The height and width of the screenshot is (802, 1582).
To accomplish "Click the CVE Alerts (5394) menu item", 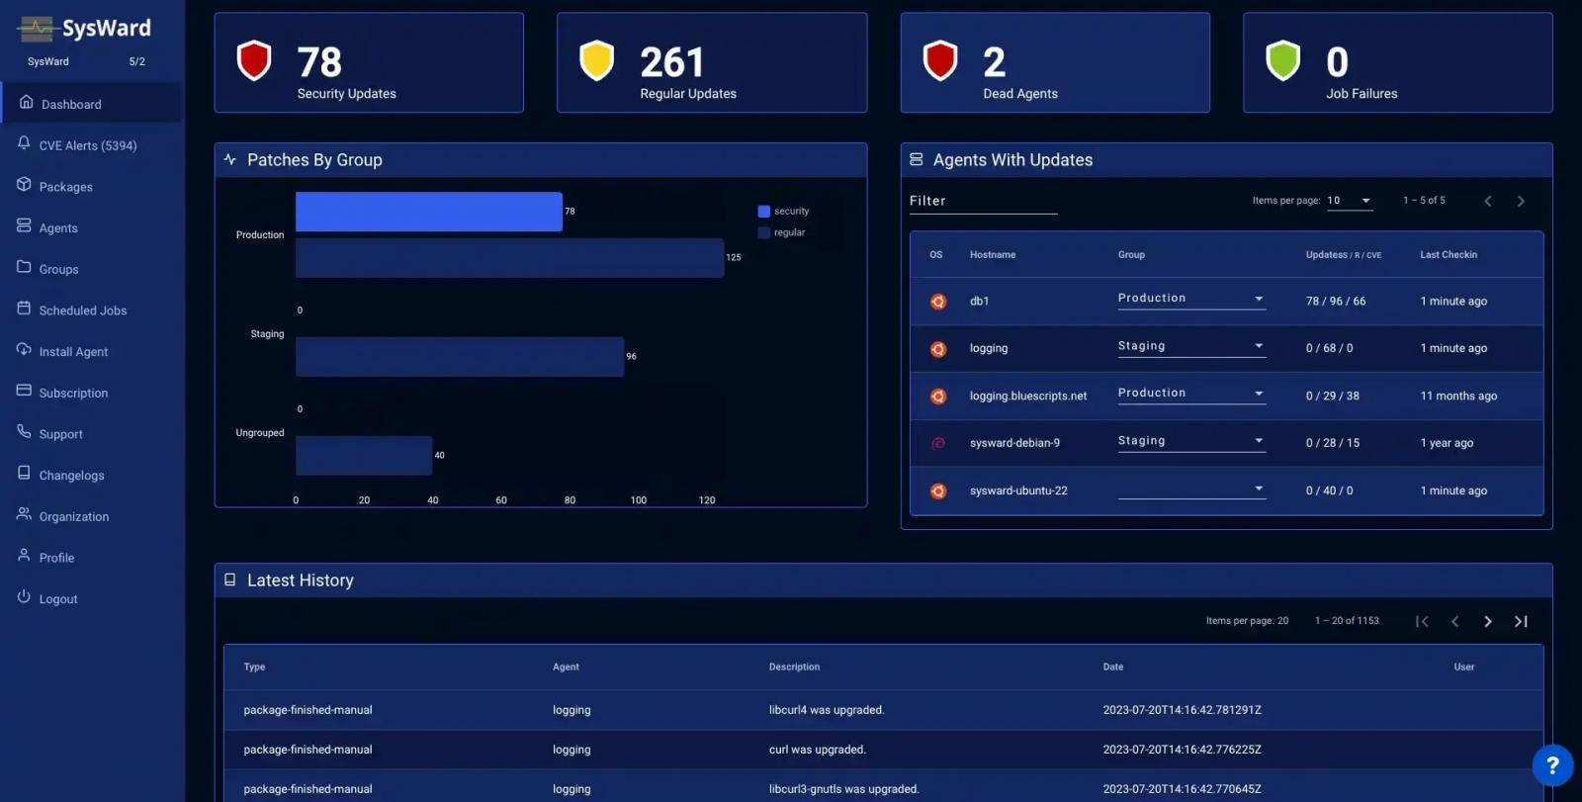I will [87, 145].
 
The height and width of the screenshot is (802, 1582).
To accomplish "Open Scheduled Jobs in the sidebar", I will [82, 311].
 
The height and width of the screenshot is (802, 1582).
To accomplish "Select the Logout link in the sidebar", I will [57, 599].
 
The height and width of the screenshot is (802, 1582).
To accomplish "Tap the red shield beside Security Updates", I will [254, 60].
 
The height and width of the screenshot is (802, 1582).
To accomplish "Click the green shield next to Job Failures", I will [1282, 60].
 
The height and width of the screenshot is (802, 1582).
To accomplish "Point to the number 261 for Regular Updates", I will [671, 62].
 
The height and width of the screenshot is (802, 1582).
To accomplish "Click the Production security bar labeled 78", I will [428, 212].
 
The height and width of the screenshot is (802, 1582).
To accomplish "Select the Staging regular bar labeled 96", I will [460, 356].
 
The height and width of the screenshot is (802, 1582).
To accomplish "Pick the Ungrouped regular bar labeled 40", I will [364, 455].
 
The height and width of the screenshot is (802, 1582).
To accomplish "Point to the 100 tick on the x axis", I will [639, 500].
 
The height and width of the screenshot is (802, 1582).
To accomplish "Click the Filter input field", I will [983, 201].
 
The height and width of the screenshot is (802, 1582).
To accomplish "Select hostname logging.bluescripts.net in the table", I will [1027, 396].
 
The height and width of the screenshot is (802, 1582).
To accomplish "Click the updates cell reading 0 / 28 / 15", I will [1332, 443].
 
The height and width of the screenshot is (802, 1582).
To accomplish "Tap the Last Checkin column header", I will [1449, 255].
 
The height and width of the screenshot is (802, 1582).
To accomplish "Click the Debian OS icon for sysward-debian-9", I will [938, 443].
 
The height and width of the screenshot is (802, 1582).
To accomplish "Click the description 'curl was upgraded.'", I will [817, 750].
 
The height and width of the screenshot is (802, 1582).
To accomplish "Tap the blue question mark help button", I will [1551, 764].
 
